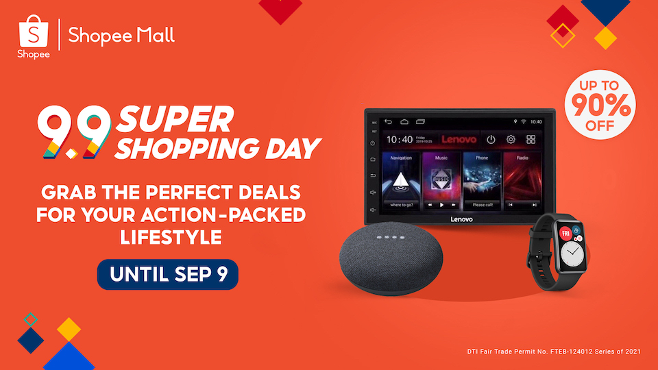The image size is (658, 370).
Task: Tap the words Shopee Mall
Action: (x=121, y=35)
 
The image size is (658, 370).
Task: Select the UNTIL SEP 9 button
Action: (x=167, y=274)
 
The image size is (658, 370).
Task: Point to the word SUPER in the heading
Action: (x=173, y=121)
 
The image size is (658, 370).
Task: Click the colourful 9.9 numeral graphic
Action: (x=74, y=134)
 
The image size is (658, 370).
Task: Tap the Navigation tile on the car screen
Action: (x=401, y=182)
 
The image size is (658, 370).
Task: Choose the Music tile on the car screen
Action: (x=441, y=182)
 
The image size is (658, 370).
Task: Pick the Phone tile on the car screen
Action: (x=482, y=182)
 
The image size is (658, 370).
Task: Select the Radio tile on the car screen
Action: (x=522, y=182)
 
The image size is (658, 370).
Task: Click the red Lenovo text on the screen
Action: (x=459, y=139)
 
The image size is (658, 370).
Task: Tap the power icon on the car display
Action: (x=491, y=139)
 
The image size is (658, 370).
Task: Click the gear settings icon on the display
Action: (x=511, y=139)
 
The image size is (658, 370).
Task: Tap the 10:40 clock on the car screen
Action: (x=400, y=139)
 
